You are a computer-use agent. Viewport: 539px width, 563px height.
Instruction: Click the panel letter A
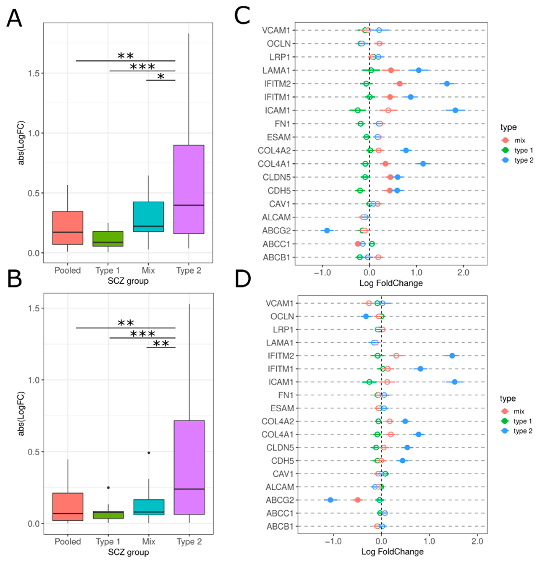[14, 18]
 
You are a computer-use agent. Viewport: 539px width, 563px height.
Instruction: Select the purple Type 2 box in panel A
[188, 189]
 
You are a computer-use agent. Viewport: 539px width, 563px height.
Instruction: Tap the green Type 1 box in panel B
[108, 515]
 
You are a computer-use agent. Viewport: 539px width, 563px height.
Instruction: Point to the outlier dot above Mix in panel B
[149, 452]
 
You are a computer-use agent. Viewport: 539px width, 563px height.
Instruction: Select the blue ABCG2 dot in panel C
[327, 231]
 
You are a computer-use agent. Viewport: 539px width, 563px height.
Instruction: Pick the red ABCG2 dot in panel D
[357, 500]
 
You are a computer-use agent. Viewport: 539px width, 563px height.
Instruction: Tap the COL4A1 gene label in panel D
[277, 434]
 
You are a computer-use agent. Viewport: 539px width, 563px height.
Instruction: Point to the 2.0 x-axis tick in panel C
[463, 272]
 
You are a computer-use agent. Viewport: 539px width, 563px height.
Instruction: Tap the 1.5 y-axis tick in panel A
[34, 73]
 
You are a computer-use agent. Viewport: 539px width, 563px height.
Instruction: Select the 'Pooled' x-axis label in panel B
[68, 541]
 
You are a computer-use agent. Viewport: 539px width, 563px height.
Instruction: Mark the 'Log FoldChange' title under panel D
[392, 551]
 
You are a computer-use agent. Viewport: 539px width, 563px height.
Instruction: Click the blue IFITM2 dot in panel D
[452, 356]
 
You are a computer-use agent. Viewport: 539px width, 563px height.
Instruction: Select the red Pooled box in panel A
[68, 228]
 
